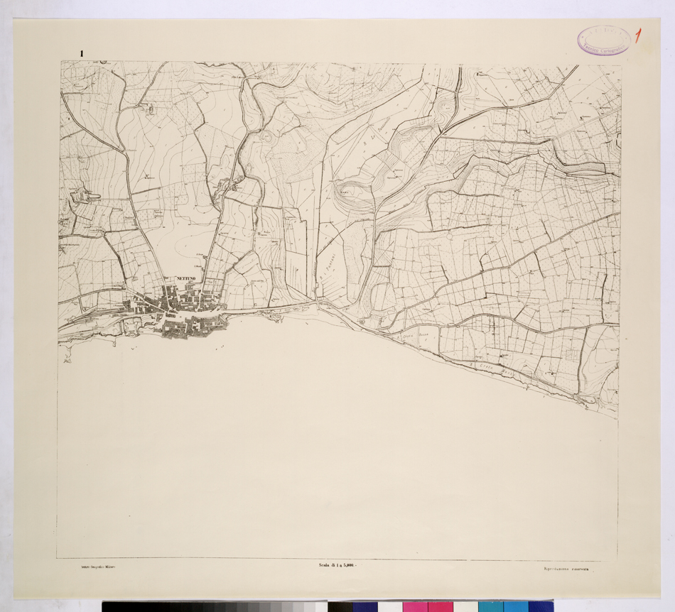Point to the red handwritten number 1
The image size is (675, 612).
point(640,36)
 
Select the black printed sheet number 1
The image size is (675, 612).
point(83,53)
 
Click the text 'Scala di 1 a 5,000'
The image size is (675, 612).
point(337,565)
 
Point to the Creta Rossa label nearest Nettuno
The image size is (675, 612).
point(414,337)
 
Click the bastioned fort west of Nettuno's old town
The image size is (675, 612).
point(132,326)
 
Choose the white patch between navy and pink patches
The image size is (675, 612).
point(390,607)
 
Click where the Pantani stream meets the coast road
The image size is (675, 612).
point(313,301)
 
